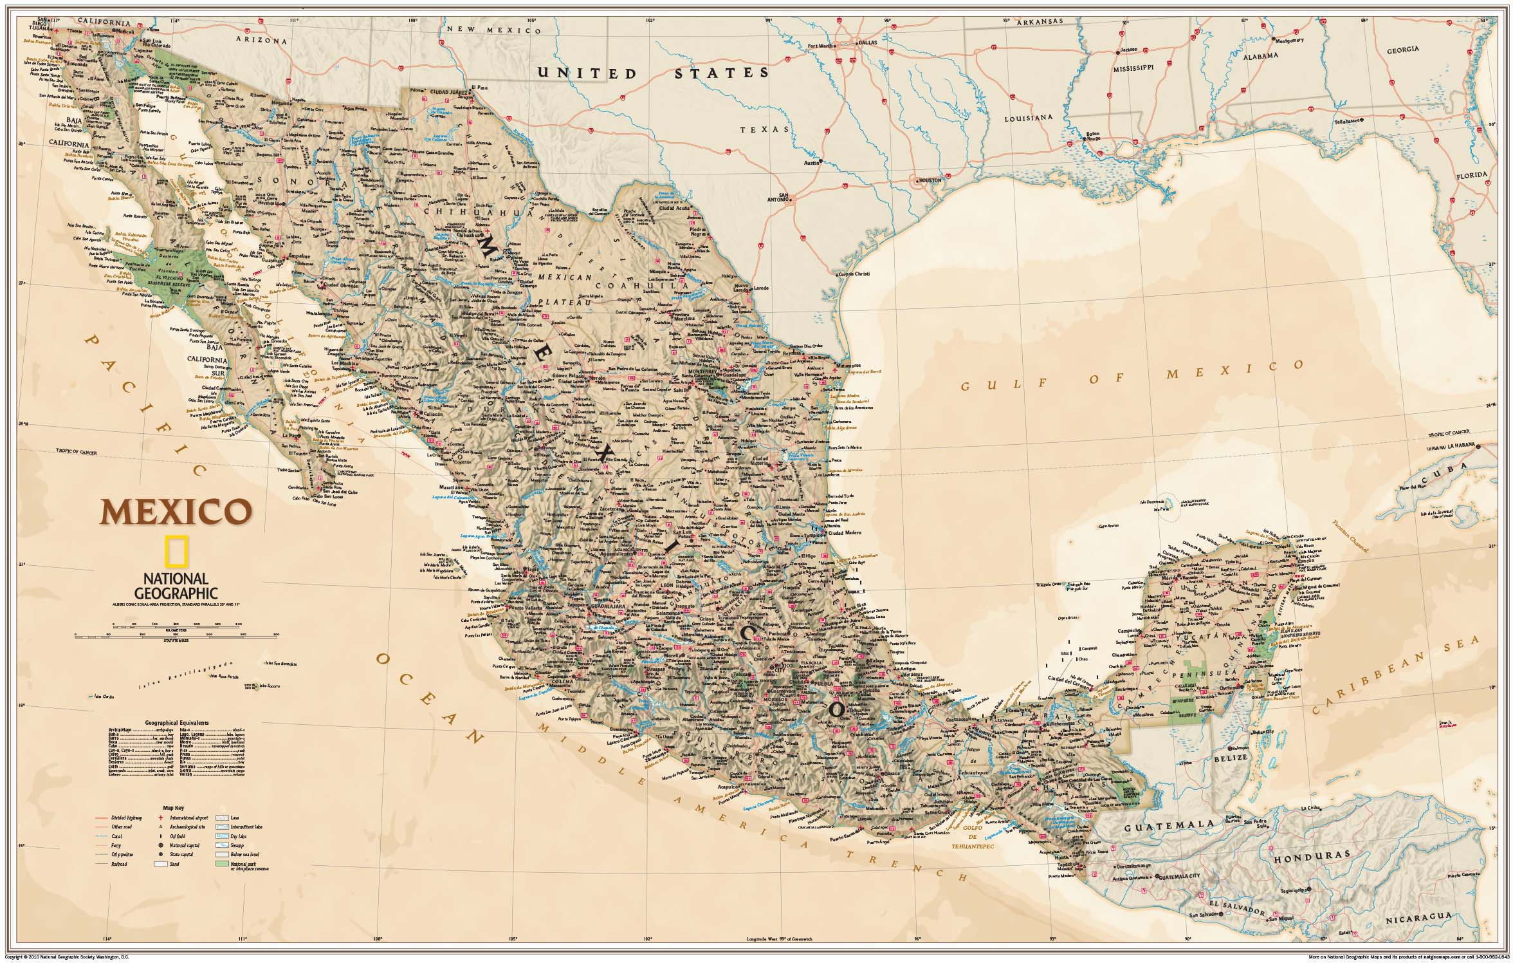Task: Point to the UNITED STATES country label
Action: pyautogui.click(x=654, y=73)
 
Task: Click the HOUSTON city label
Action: pyautogui.click(x=930, y=180)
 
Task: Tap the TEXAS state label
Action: pyautogui.click(x=764, y=129)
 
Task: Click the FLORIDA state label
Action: pyautogui.click(x=1485, y=174)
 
